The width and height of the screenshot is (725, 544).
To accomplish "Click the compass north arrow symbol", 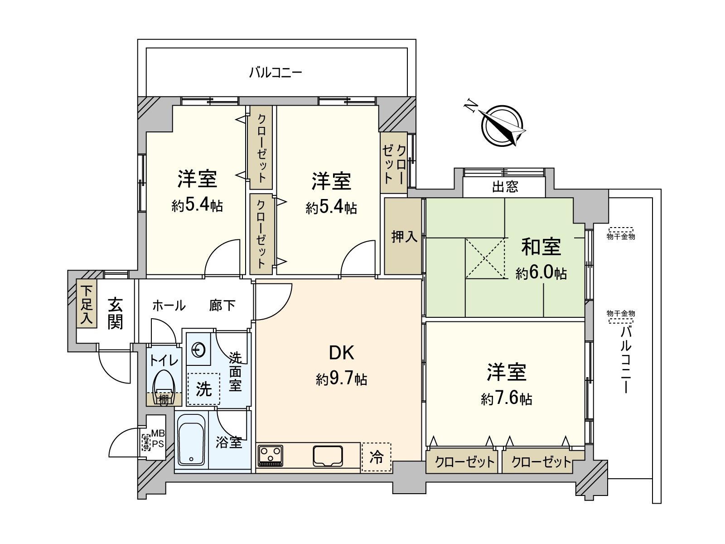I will (502, 126).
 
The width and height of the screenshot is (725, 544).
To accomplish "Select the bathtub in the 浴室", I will (191, 440).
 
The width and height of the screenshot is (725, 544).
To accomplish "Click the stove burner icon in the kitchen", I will (271, 456).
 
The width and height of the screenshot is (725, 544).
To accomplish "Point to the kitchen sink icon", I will (328, 456).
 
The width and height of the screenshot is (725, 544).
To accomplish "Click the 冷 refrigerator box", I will (376, 457).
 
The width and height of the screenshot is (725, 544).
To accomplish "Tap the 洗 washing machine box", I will (203, 389).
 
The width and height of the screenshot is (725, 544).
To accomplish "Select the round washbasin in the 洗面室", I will (198, 350).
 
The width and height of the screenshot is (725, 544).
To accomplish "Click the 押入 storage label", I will (404, 236).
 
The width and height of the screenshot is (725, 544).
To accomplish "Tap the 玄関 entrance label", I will (115, 313).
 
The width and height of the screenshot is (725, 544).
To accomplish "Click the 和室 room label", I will (541, 247).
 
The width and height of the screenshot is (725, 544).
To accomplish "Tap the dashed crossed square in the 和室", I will (485, 258).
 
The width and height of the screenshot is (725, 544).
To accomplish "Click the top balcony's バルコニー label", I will (275, 72).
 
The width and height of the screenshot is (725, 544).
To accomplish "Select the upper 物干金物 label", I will (621, 236).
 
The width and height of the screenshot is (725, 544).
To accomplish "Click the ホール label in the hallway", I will (169, 306).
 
